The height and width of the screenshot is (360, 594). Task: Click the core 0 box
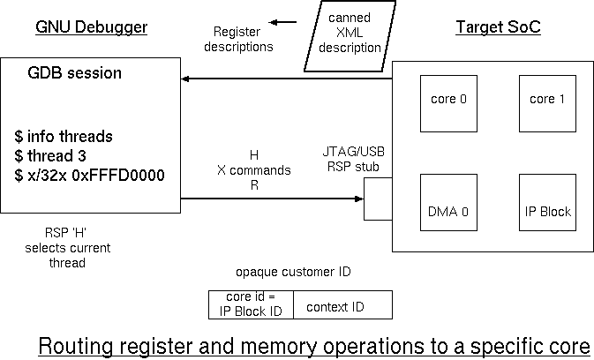point(448,100)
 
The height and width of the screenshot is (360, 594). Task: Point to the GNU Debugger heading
point(91,27)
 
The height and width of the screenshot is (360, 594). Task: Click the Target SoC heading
point(498,27)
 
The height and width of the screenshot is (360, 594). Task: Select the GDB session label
point(75,72)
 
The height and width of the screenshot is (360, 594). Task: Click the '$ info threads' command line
point(64,137)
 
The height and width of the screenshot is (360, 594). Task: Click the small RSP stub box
point(378,199)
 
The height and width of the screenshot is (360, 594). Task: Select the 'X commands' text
point(254,169)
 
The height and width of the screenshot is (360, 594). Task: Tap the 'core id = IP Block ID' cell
point(251,304)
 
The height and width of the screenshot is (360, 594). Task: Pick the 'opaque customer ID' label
point(293,272)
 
